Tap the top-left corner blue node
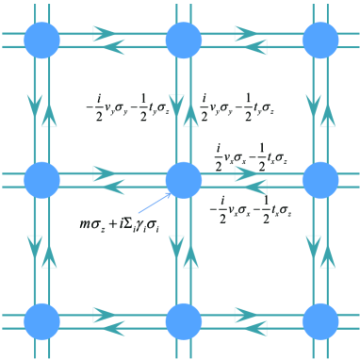(41, 41)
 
